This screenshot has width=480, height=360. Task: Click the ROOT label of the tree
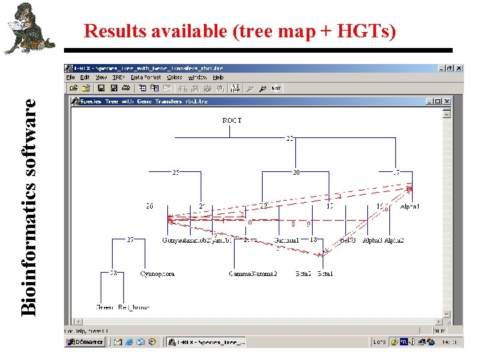(232, 121)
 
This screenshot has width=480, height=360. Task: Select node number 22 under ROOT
(290, 139)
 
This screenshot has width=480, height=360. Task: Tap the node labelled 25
(175, 173)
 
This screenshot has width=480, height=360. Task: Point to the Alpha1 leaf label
(410, 207)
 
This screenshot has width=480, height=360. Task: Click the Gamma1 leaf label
(287, 240)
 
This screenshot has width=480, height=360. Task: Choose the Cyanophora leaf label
(157, 274)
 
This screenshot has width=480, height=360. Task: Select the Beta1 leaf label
(325, 274)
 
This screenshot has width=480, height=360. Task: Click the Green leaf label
(105, 307)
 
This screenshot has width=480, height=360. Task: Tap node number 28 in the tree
(113, 273)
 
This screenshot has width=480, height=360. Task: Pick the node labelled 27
(131, 239)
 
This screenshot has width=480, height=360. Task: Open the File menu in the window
(71, 77)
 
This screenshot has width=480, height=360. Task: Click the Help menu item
(218, 77)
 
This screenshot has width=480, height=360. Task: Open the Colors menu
(175, 77)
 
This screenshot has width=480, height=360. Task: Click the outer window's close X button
(459, 68)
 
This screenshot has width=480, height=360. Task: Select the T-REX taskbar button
(206, 342)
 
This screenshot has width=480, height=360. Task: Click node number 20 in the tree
(296, 173)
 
